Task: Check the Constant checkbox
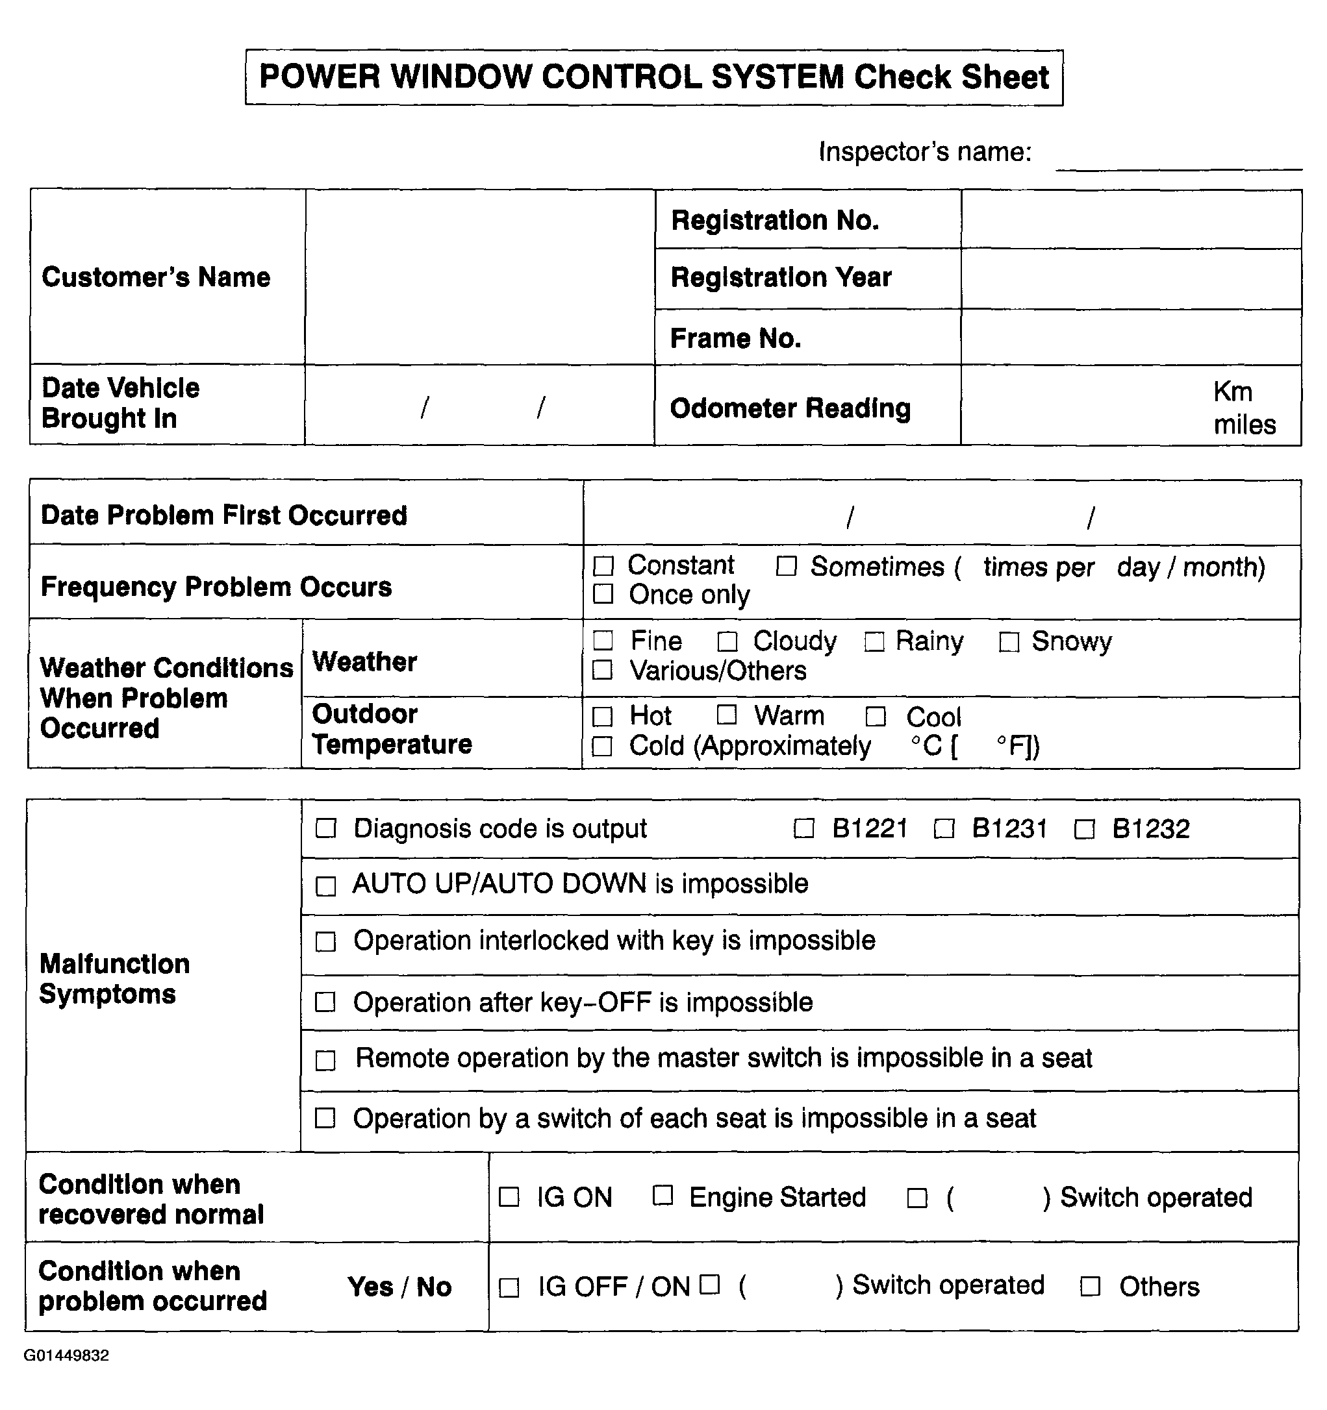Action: tap(603, 566)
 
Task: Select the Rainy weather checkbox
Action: tap(874, 642)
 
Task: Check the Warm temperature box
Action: tap(727, 715)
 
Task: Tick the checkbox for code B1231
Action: tap(944, 828)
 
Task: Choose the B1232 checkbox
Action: tap(1084, 828)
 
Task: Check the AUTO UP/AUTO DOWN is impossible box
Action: tap(325, 886)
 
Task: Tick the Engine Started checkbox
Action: tap(663, 1196)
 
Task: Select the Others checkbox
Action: tap(1090, 1287)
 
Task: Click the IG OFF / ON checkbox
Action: tap(509, 1287)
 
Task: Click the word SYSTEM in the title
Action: tap(777, 77)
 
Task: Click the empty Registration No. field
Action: tap(1131, 220)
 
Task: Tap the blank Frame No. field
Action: tap(1131, 338)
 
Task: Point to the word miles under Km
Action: tap(1245, 425)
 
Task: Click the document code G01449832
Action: tap(67, 1356)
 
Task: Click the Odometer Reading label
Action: tap(790, 408)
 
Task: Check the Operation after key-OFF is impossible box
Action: tap(325, 1002)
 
